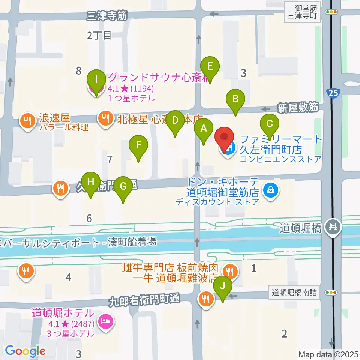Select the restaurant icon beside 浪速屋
[27, 121]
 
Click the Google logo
[25, 351]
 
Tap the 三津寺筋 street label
[107, 15]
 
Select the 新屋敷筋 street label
[298, 108]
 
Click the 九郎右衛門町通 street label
[144, 300]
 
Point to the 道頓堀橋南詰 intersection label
[295, 292]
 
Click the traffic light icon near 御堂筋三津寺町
[331, 12]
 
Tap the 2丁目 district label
[99, 36]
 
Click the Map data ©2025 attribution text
[328, 354]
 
